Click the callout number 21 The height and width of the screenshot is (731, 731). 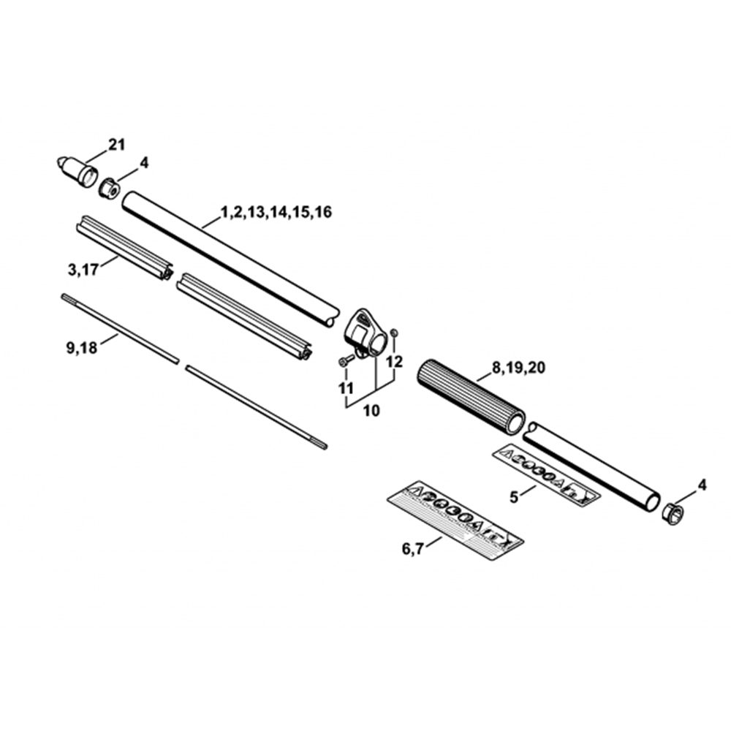coord(116,145)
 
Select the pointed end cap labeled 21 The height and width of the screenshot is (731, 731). coord(77,171)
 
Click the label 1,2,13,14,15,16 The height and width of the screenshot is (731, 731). coord(276,212)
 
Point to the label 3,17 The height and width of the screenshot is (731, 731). coord(83,270)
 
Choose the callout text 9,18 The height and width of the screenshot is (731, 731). coord(82,347)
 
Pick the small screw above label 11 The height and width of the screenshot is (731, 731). coord(346,360)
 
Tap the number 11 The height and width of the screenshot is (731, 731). coord(346,388)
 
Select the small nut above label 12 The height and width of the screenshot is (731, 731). coord(394,333)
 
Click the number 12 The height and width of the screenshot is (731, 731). coord(395,361)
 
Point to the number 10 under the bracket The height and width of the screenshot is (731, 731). coord(371,411)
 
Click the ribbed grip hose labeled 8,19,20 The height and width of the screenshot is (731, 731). coord(471,395)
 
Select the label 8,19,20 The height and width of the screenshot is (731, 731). coord(518,368)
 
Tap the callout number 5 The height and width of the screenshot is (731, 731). coord(513,497)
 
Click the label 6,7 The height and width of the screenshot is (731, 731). coord(412,549)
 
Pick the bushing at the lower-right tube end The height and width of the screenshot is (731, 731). coord(673,513)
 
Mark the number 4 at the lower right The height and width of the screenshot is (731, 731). coord(702,485)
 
